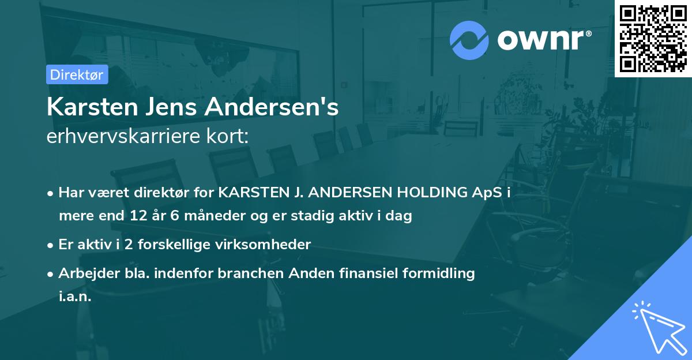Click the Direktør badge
point(77,74)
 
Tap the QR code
point(653,39)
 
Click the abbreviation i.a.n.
point(75,297)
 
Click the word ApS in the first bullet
point(487,192)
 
